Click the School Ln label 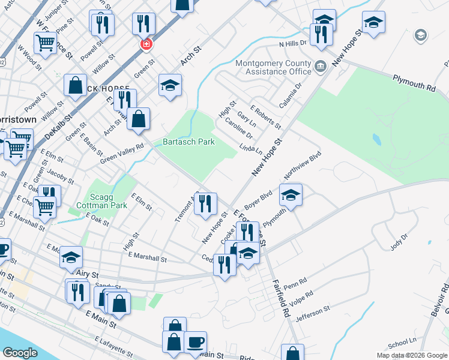coord(402,343)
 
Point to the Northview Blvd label coord(303,166)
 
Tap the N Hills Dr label coord(292,43)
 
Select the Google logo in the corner coord(20,352)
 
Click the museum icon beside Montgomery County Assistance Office coord(319,65)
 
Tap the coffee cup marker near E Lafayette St coord(195,343)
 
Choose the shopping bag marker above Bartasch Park coord(138,119)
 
